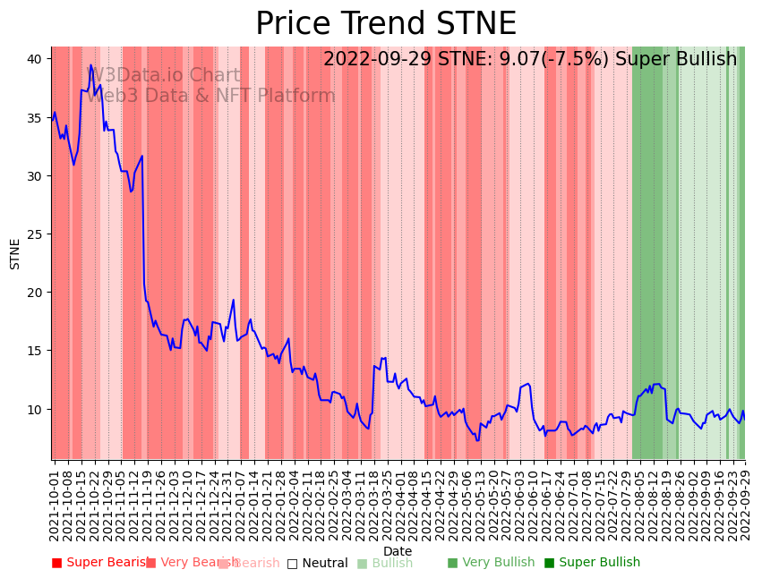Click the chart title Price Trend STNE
385,24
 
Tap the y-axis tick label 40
34,59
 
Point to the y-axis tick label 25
34,234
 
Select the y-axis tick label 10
34,409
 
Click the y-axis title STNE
15,253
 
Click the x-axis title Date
398,552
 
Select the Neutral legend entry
317,563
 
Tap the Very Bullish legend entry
491,563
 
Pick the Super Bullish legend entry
592,563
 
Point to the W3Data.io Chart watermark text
163,76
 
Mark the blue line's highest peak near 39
90,65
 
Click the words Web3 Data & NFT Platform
210,96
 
